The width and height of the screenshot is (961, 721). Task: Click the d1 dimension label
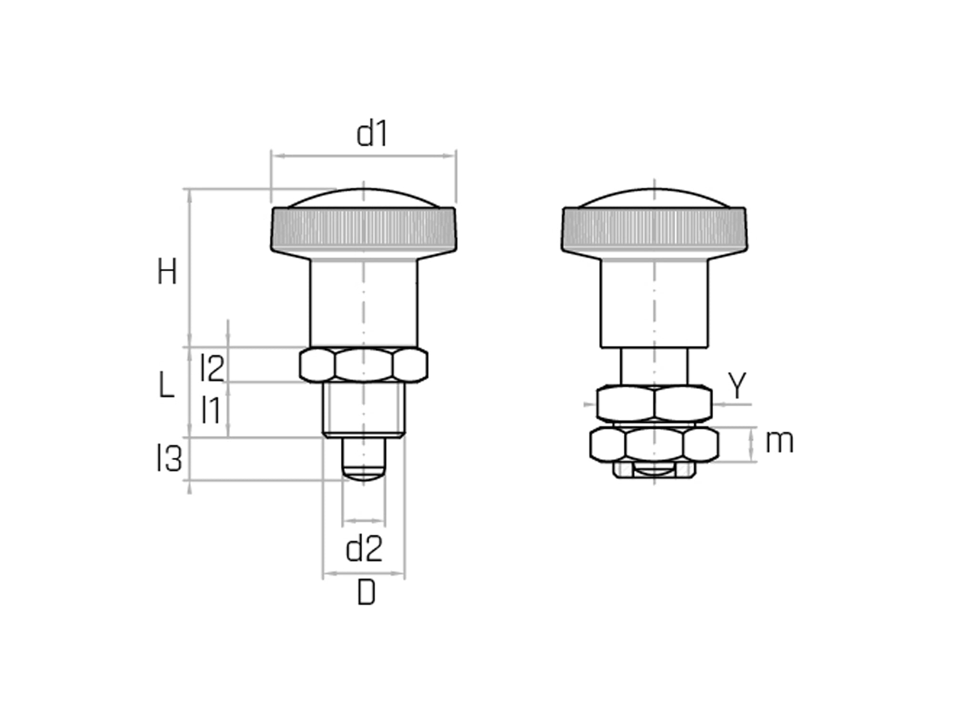(x=372, y=134)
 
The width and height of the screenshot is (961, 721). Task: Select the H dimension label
(x=167, y=272)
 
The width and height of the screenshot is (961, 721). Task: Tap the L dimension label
(x=166, y=385)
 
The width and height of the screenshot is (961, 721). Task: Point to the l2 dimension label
(x=212, y=368)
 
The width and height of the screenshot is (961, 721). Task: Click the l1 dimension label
(x=211, y=410)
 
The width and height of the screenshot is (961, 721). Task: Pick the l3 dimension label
(x=170, y=458)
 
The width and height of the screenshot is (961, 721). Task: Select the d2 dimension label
(x=364, y=549)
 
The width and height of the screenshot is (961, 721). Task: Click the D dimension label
(x=366, y=594)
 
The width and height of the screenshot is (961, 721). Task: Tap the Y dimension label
(x=737, y=385)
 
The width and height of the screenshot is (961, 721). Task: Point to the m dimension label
(x=779, y=442)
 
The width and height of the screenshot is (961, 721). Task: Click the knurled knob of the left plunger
(x=364, y=229)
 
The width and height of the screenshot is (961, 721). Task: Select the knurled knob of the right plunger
(x=654, y=229)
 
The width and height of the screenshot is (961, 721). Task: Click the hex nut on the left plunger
(x=364, y=365)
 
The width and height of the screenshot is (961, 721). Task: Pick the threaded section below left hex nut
(x=364, y=409)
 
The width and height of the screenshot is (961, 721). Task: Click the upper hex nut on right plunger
(x=654, y=403)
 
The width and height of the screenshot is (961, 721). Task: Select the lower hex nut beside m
(x=654, y=444)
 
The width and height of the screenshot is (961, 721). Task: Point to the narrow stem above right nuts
(x=654, y=366)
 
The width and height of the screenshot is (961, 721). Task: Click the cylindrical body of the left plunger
(x=364, y=303)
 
